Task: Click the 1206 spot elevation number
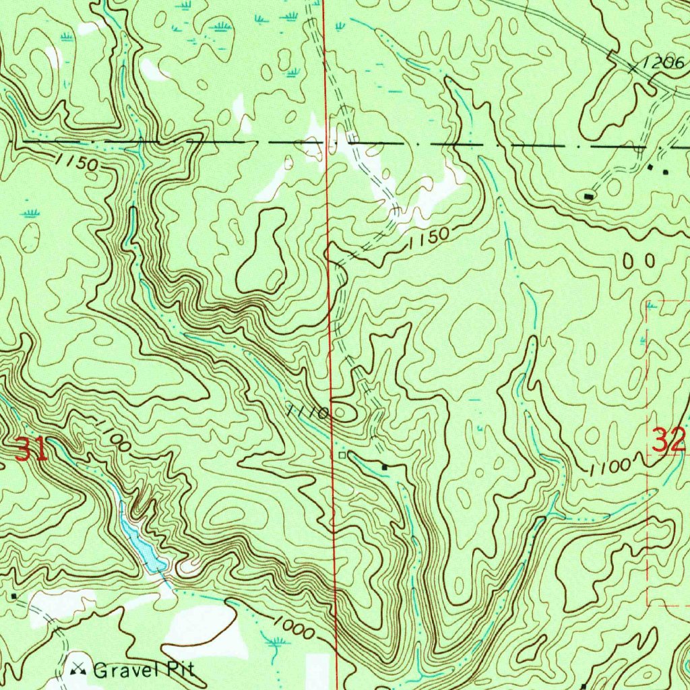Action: [x=664, y=63]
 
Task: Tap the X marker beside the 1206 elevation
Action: [x=634, y=67]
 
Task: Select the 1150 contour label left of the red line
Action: [x=77, y=162]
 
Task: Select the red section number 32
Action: [x=668, y=441]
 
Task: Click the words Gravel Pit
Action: [x=144, y=670]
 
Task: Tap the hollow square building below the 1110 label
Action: [x=342, y=456]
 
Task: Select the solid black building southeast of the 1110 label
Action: [x=385, y=466]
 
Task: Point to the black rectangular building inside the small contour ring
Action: [x=589, y=196]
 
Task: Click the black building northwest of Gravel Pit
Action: [x=13, y=596]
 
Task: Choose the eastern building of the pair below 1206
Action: [x=666, y=172]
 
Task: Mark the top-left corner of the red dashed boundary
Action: [x=648, y=301]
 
